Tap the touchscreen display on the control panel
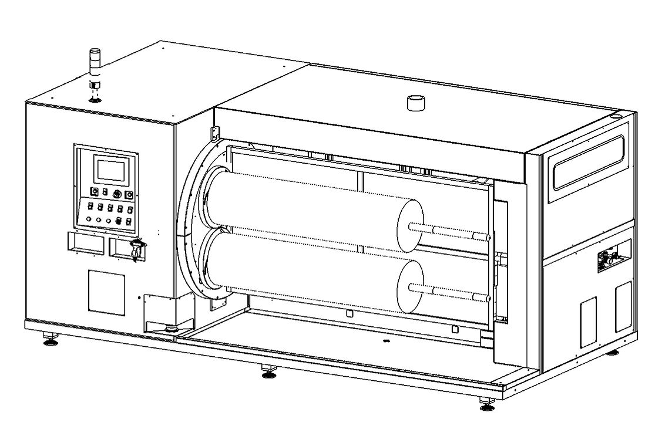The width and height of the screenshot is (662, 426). pyautogui.click(x=110, y=170)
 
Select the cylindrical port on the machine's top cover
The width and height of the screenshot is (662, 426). pyautogui.click(x=415, y=103)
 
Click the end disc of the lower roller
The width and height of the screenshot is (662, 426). pyautogui.click(x=410, y=286)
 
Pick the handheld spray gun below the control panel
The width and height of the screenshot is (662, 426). pyautogui.click(x=137, y=249)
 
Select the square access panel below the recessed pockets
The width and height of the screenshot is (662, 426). pyautogui.click(x=107, y=292)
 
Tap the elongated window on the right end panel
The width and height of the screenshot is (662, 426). pyautogui.click(x=587, y=162)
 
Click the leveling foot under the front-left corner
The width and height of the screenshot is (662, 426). pyautogui.click(x=51, y=339)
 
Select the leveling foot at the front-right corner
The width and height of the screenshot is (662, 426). pyautogui.click(x=487, y=404)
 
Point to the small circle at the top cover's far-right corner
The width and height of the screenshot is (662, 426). pyautogui.click(x=615, y=116)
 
